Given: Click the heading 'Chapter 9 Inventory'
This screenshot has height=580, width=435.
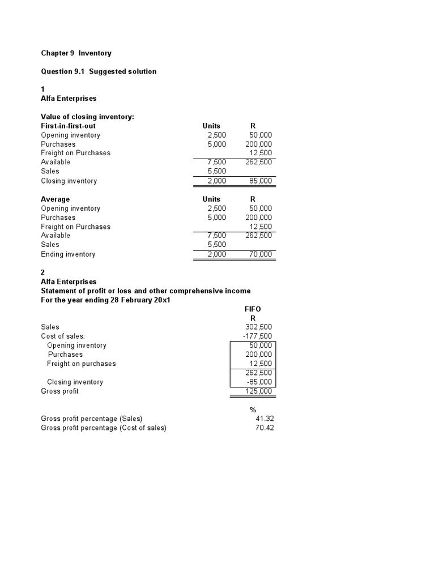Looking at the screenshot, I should pos(76,53).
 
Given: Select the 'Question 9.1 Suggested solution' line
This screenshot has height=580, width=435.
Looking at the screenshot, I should pos(99,71).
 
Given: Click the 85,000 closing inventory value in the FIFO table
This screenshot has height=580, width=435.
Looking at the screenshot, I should pos(260,181).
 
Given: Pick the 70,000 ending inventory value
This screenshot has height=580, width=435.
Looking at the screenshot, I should pos(260,254).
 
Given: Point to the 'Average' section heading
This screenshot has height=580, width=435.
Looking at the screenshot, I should pos(56,199).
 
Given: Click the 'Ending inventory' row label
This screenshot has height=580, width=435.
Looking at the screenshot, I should pos(68,254).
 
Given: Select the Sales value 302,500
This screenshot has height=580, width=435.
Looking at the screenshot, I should pos(259,327).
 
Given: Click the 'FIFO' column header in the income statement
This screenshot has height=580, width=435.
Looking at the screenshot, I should pos(253,309).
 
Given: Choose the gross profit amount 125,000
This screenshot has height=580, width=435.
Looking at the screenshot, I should pos(259,391).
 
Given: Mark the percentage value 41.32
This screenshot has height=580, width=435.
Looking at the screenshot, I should pos(265,419).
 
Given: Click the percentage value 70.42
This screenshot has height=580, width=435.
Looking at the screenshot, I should pos(265,428).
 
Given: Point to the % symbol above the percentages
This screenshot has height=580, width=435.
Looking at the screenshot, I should pos(253,410).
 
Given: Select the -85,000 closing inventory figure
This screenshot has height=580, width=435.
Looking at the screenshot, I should pos(259,382).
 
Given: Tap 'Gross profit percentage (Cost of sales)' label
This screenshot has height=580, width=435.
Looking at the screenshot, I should pos(104,428).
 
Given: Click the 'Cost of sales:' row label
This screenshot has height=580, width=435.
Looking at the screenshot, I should pos(63,336).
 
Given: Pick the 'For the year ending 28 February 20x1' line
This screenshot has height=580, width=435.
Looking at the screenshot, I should pos(105,300).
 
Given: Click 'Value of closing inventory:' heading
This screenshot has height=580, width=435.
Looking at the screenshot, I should pos(87,117).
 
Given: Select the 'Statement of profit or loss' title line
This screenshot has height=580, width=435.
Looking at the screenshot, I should pos(145,291).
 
